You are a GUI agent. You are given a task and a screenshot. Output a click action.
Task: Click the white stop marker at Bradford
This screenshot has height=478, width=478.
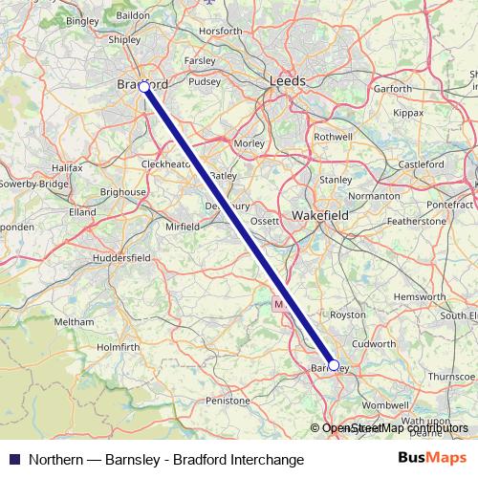144,87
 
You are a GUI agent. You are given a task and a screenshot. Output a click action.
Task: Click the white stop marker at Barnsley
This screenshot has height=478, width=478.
334,364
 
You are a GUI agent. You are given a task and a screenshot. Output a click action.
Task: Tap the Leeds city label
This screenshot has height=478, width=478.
288,81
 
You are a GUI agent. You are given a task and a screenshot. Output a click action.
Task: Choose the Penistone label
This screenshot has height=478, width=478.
228,401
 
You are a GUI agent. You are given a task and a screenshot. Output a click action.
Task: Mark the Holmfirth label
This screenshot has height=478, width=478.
119,346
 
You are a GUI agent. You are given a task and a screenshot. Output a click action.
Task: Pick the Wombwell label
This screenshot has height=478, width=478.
385,406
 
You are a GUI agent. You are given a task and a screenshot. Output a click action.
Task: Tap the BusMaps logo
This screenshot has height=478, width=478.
439,458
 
